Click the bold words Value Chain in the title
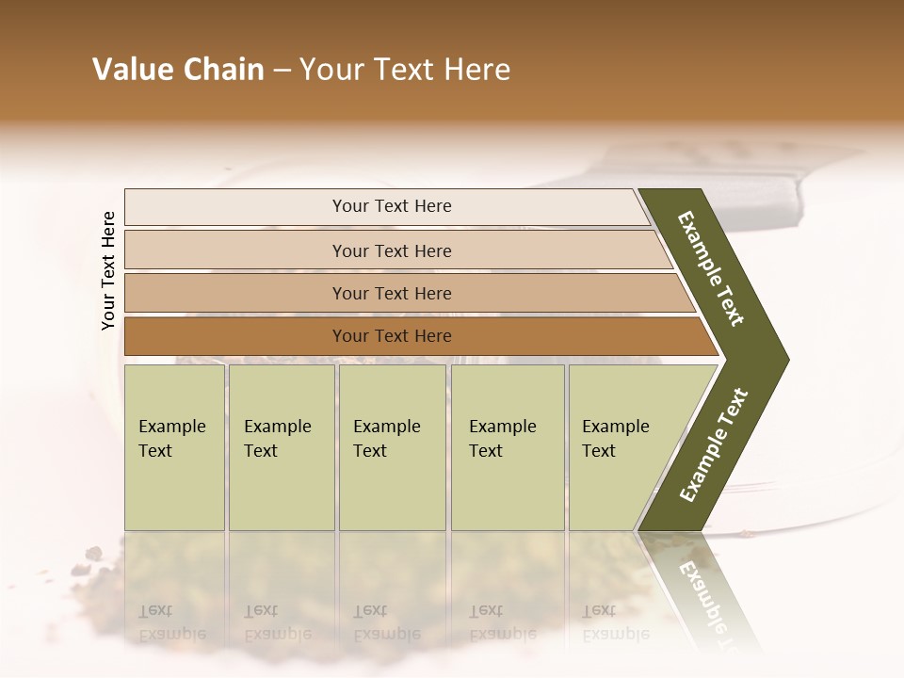178,70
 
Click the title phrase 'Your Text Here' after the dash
405,70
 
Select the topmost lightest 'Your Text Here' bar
391,206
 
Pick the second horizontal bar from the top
391,250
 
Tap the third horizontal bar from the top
391,293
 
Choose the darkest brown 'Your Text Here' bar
391,336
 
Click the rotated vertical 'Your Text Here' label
108,269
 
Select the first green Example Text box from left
174,447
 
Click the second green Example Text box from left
281,447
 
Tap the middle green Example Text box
392,447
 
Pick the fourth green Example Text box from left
507,447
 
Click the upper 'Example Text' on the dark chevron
711,268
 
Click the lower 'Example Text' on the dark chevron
713,444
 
